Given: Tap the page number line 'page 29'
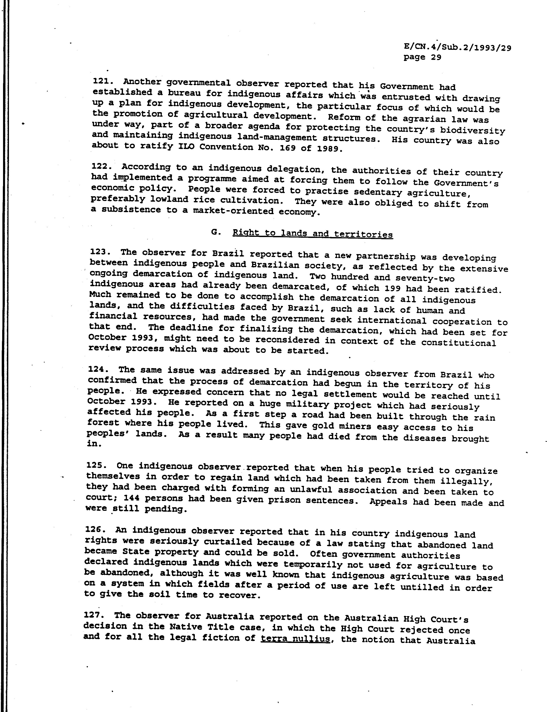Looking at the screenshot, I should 422,57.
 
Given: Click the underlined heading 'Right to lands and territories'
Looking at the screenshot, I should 313,234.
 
